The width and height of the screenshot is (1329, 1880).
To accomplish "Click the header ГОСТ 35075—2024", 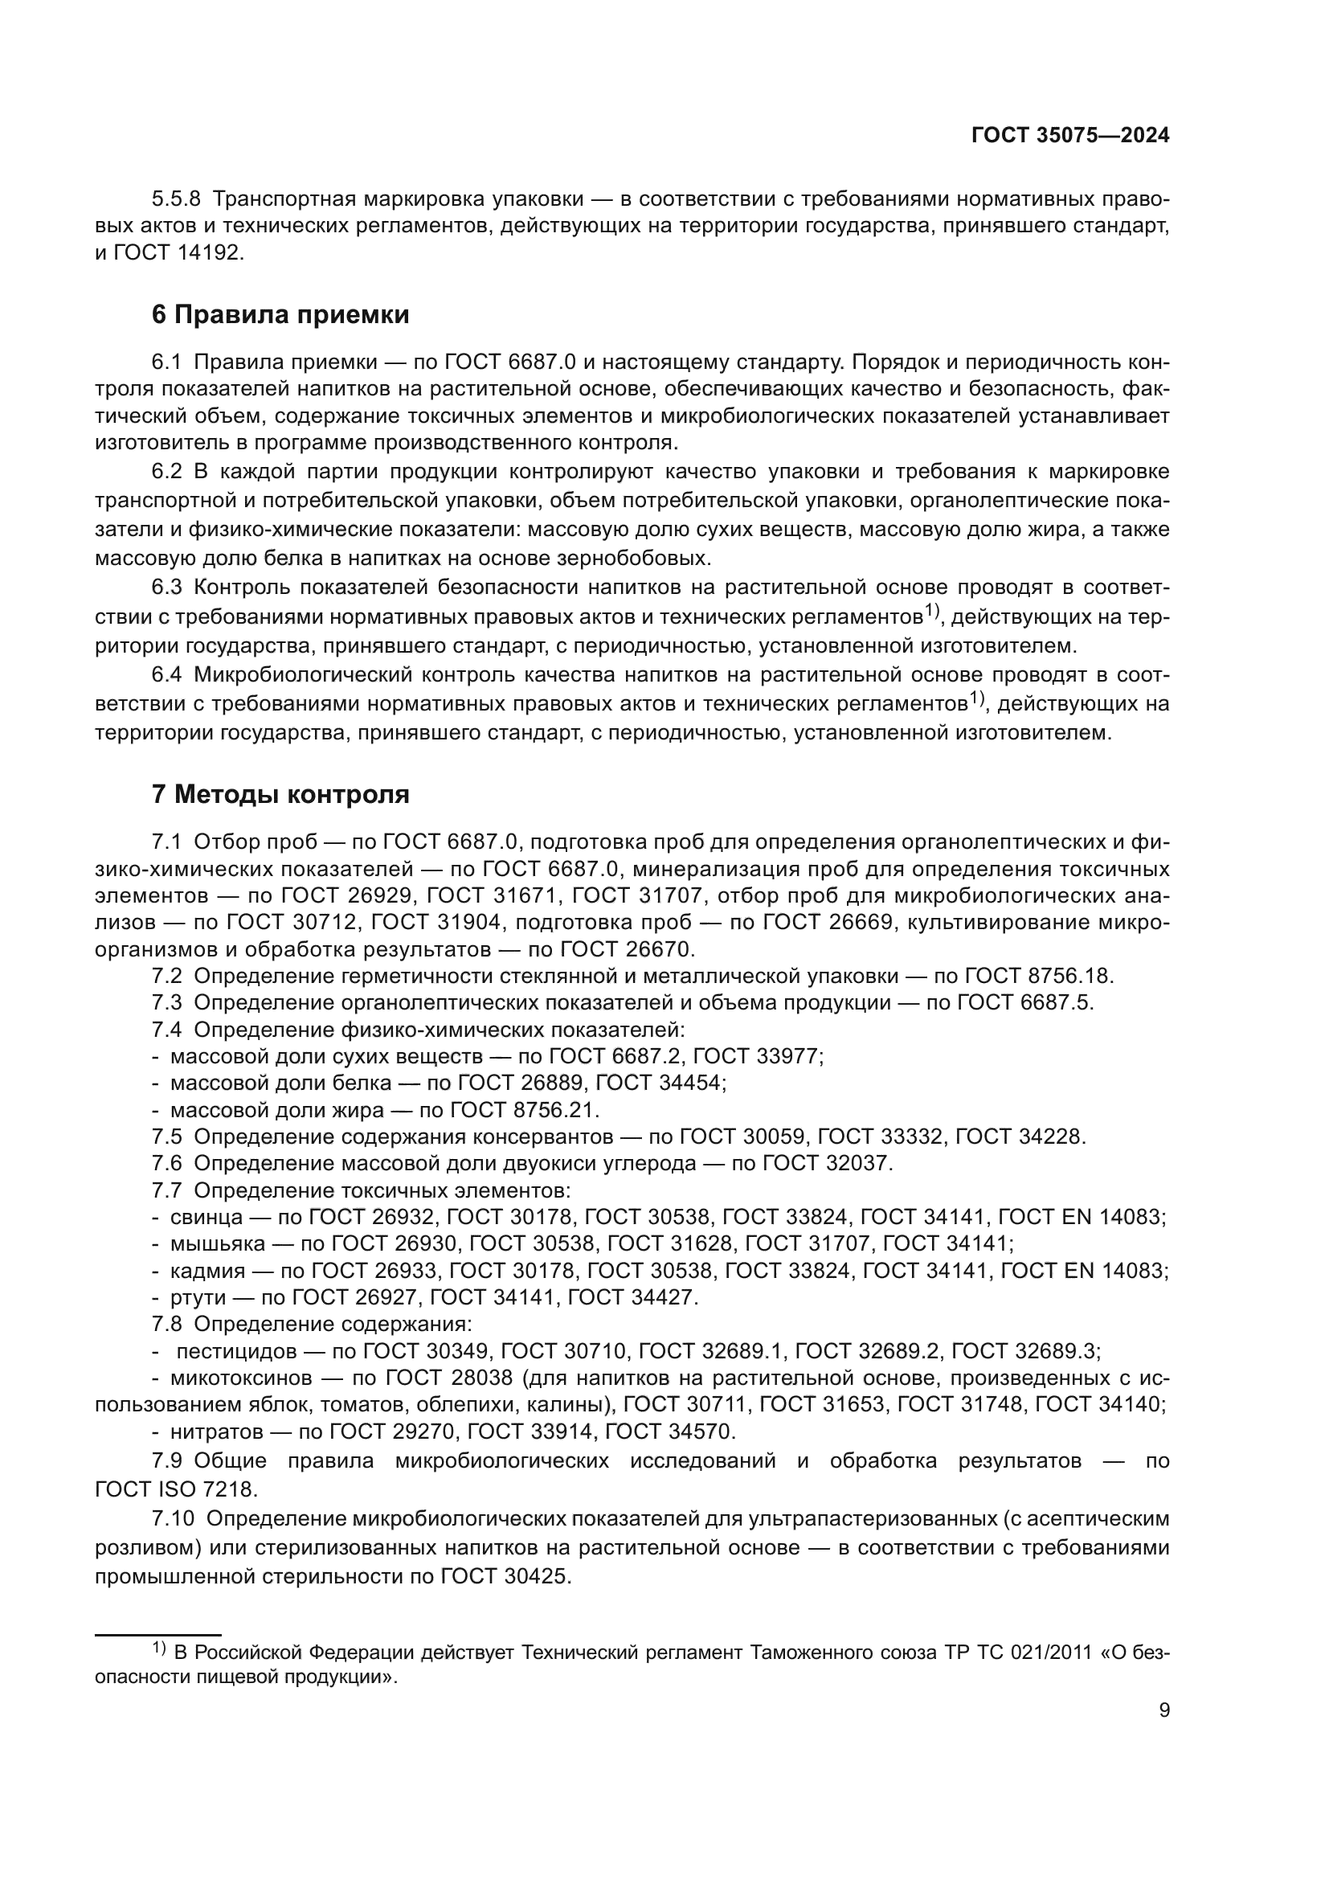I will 1069,136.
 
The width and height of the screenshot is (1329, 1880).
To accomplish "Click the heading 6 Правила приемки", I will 280,314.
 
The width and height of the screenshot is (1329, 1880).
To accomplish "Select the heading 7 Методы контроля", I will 280,794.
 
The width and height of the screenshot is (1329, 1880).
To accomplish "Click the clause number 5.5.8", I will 176,199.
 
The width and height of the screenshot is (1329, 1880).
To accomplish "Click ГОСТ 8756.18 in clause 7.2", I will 1038,976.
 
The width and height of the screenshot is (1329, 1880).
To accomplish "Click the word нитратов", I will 217,1432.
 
